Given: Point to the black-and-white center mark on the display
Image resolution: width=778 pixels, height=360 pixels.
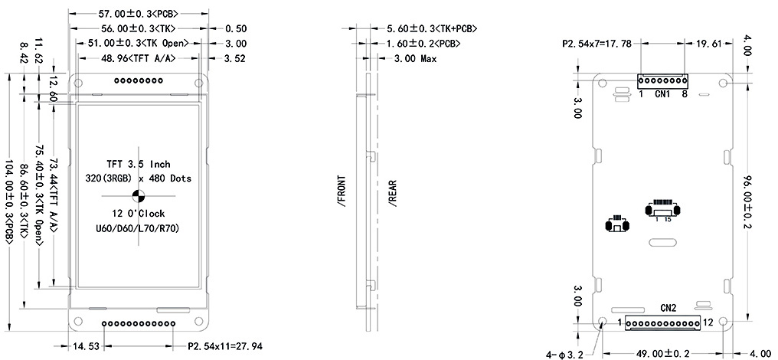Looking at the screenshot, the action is (x=139, y=196).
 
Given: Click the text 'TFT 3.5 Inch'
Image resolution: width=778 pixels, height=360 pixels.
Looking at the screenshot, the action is (x=139, y=164).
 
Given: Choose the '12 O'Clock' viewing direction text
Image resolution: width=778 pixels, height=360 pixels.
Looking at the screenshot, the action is (x=139, y=214).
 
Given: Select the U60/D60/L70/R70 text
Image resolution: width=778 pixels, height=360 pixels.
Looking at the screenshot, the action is (x=137, y=229).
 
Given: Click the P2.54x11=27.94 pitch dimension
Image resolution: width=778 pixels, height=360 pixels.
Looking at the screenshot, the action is (x=225, y=346).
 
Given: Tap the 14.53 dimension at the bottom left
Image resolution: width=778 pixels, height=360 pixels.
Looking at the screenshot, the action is (x=87, y=346).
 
